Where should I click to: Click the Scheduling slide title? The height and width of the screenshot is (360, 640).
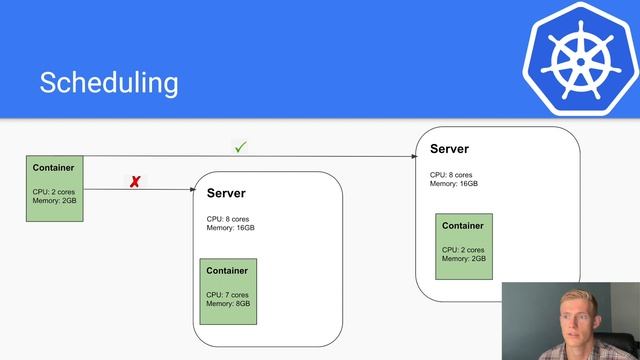point(109,82)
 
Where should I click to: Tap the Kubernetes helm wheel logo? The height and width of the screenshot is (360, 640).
point(579,59)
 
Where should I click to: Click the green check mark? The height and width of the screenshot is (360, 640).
point(240,147)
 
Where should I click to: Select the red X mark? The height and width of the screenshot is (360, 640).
point(135,182)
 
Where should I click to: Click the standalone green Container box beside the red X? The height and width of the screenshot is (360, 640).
point(55,188)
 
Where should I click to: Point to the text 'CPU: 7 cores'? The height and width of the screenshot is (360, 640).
point(229,295)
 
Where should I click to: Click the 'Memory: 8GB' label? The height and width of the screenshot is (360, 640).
point(229,304)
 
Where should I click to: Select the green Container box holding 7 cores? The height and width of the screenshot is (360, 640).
point(228,291)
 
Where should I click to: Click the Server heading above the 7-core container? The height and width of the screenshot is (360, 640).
point(226,193)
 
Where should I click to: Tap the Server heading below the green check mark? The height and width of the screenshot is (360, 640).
point(449,149)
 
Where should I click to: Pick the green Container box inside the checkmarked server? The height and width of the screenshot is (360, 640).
point(463,246)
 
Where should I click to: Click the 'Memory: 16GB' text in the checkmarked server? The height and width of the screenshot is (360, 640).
point(454,184)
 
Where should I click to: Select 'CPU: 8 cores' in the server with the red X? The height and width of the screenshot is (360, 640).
point(229,218)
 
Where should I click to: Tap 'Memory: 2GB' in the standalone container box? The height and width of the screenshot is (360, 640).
point(54,201)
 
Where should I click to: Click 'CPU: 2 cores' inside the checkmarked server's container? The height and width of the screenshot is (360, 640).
point(463,249)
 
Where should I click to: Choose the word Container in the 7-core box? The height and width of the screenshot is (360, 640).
point(227,271)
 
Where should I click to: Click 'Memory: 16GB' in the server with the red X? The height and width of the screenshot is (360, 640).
point(231,228)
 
